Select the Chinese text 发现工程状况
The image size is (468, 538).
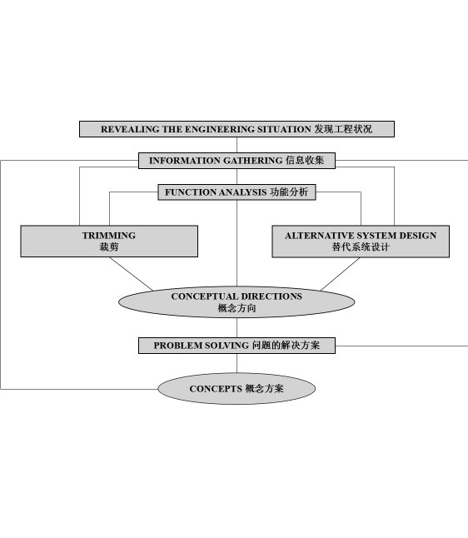343,129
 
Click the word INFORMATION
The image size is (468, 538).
185,161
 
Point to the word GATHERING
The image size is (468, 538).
253,161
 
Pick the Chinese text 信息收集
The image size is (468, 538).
305,160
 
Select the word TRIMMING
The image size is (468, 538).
109,236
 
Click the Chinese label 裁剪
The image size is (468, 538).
109,247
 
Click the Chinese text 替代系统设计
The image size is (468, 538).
361,247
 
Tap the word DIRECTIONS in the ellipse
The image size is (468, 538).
271,296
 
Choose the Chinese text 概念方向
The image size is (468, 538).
236,308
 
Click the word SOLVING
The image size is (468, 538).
227,346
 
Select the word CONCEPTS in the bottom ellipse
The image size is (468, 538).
216,389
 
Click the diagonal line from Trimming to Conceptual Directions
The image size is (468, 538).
132,274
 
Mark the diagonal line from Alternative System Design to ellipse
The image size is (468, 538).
340,274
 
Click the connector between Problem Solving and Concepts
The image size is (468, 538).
236,363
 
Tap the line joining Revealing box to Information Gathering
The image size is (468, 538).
236,145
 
